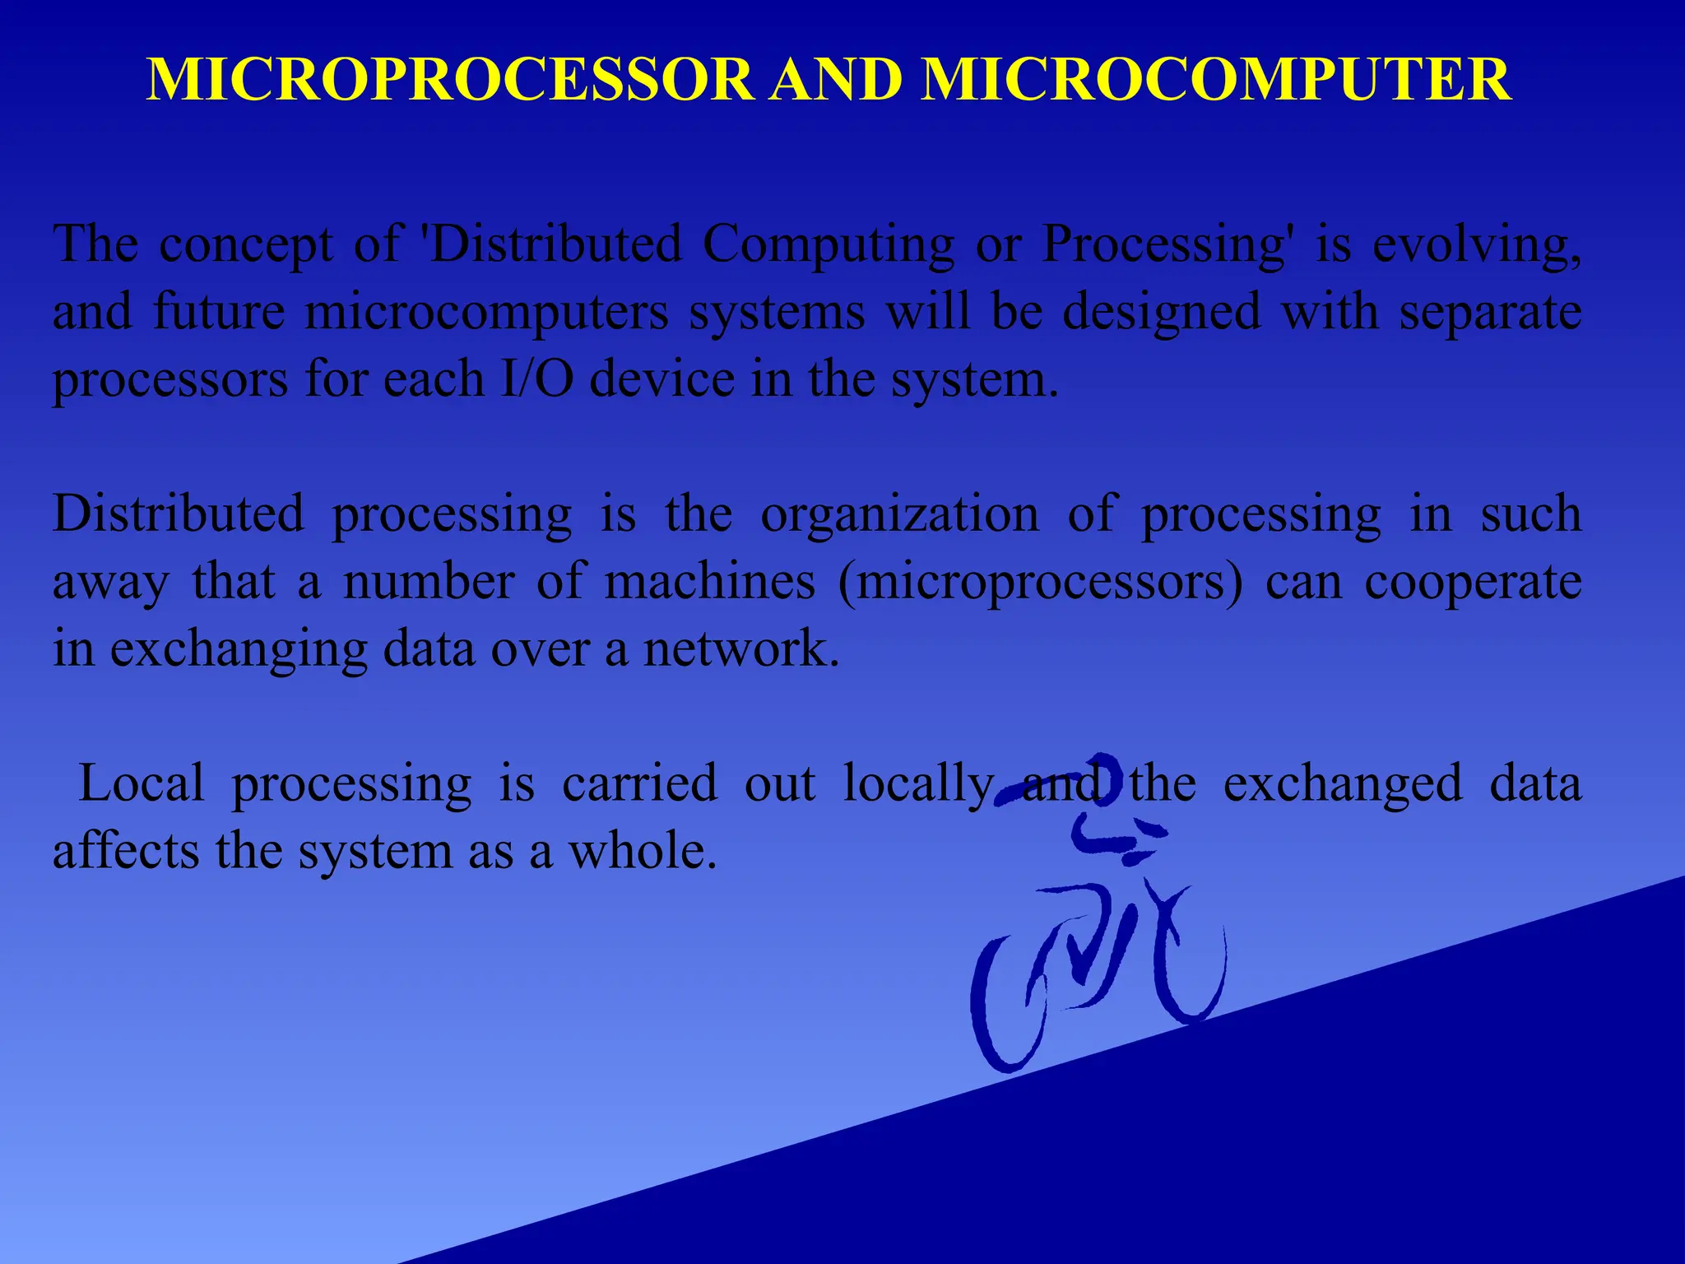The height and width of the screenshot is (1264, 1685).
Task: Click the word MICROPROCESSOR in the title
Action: (449, 80)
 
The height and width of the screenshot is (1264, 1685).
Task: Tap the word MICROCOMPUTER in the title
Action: (1215, 80)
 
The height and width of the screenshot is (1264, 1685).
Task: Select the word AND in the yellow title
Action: (836, 80)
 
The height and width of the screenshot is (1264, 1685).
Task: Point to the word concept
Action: (246, 245)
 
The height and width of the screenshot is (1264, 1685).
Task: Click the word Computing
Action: (829, 245)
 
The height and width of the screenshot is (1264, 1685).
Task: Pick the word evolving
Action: (1476, 245)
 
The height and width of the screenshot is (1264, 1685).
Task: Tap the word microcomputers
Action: (486, 313)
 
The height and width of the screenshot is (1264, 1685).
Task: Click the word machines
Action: (709, 582)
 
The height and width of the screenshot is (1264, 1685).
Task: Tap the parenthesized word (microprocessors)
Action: (1041, 583)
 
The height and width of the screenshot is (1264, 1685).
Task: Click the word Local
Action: (141, 783)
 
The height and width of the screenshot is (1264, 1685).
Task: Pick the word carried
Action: (639, 783)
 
